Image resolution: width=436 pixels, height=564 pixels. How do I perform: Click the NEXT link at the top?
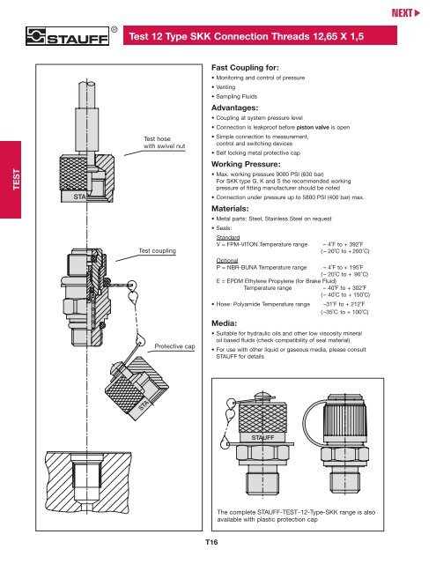pos(412,14)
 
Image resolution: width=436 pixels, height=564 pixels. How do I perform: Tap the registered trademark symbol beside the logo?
pos(115,28)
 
